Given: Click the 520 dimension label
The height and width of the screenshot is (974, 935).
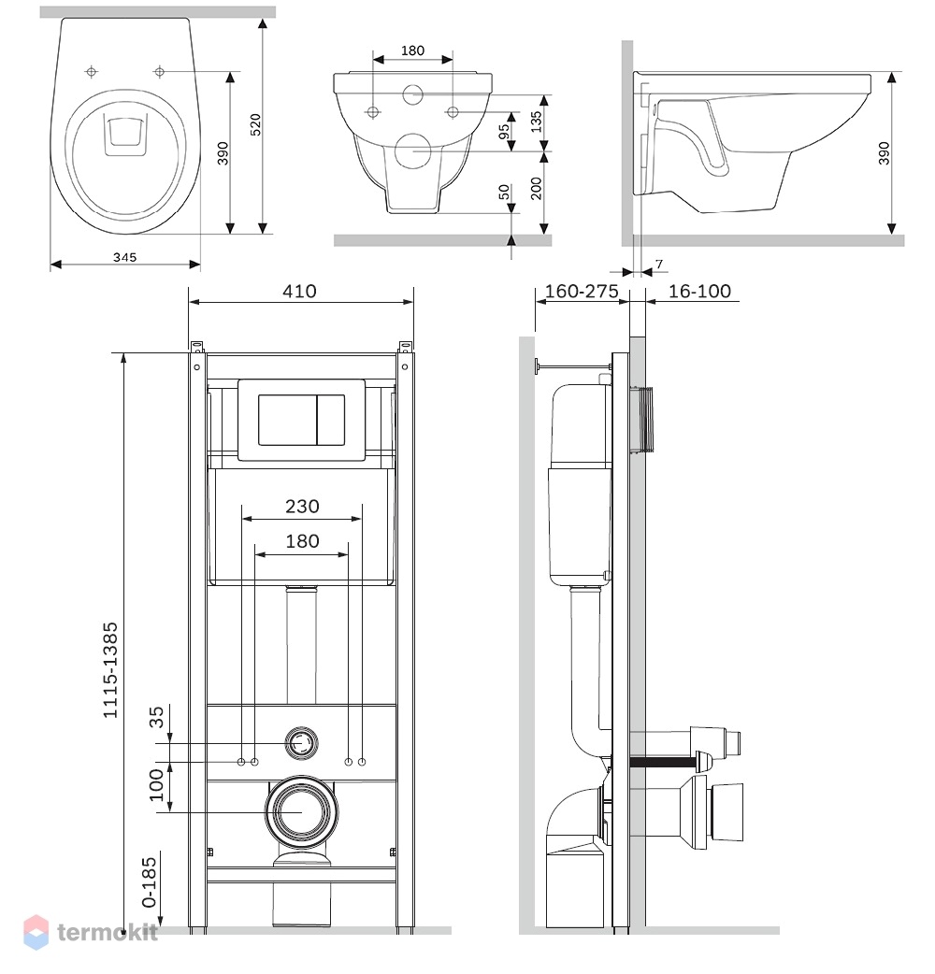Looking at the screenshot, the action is (255, 124).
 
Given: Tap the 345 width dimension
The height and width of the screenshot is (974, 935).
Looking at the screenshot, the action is (125, 257).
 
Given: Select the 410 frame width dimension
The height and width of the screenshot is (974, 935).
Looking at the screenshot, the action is (299, 292).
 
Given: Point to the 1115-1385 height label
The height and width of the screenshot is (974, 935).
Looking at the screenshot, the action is (110, 670).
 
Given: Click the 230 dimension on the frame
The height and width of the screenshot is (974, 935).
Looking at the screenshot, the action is (303, 507).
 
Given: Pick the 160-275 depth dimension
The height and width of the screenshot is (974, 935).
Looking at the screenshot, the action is (582, 292).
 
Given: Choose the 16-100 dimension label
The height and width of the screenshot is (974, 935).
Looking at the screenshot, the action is (699, 292).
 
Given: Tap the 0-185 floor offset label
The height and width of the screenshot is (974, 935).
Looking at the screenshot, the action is (149, 882).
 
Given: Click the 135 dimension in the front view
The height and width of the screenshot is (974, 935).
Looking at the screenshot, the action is (536, 122).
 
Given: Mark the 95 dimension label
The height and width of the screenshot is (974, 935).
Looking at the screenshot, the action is (504, 131).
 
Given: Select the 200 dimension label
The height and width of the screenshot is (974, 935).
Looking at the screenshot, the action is (536, 188).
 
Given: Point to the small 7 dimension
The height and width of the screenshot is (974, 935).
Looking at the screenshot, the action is (659, 264).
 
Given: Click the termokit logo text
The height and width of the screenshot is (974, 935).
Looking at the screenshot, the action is (107, 932).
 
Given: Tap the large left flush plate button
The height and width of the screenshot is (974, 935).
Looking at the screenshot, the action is (288, 420).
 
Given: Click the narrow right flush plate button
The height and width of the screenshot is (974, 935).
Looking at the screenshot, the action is (331, 420).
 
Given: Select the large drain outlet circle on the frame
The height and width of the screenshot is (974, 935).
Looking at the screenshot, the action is (302, 812).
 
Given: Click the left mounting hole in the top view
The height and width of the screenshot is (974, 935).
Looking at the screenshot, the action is (92, 72).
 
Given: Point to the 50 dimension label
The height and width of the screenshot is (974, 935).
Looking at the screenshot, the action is (504, 192).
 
